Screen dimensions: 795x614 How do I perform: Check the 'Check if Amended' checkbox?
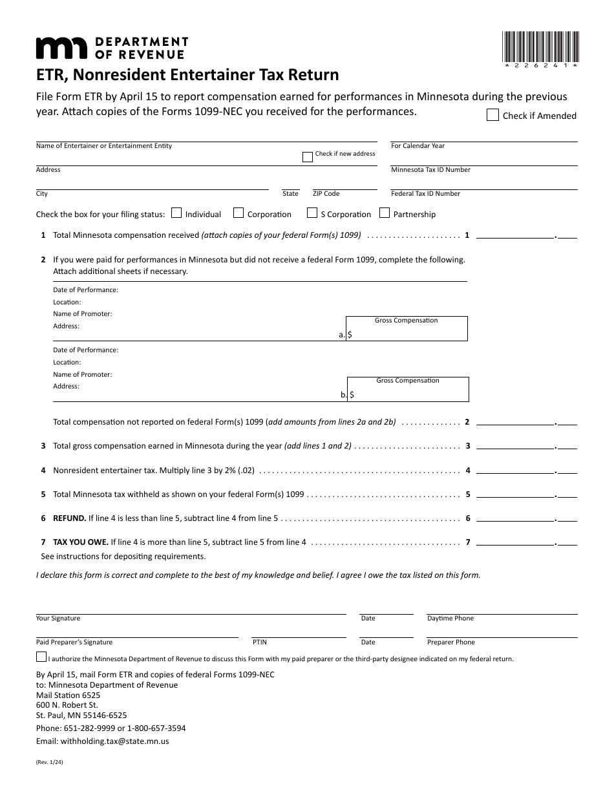tap(492, 116)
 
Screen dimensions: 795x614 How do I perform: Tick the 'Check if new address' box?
tap(308, 156)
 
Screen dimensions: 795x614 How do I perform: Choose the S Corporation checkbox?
tap(312, 213)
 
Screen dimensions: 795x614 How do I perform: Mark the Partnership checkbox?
tap(385, 213)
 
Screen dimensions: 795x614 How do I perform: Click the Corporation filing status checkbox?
tap(238, 213)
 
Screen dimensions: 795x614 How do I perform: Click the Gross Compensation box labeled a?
tap(407, 328)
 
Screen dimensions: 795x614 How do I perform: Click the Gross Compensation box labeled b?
tap(408, 389)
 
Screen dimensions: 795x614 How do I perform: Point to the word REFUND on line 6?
tap(69, 518)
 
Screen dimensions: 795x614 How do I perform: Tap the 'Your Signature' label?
tap(58, 619)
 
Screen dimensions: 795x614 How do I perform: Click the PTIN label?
tap(259, 642)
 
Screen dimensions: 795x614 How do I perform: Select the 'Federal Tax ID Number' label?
tap(425, 194)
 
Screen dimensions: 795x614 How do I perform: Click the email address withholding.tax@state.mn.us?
tap(103, 741)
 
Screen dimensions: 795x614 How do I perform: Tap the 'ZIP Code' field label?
tap(326, 194)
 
